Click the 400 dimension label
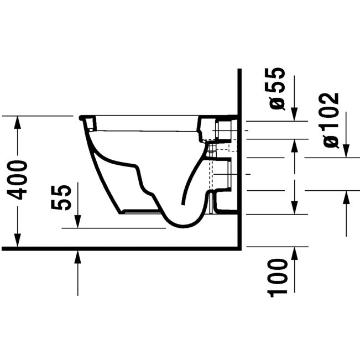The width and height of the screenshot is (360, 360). [17, 180]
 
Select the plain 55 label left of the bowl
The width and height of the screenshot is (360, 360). [60, 197]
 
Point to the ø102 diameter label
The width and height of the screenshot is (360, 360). [331, 121]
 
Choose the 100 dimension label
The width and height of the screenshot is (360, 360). [278, 278]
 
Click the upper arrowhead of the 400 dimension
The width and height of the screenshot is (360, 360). [18, 122]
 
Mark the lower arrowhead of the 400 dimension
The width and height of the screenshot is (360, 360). [18, 241]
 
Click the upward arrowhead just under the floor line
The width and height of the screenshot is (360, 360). [78, 257]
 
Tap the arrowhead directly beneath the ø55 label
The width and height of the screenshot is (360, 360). [294, 114]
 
